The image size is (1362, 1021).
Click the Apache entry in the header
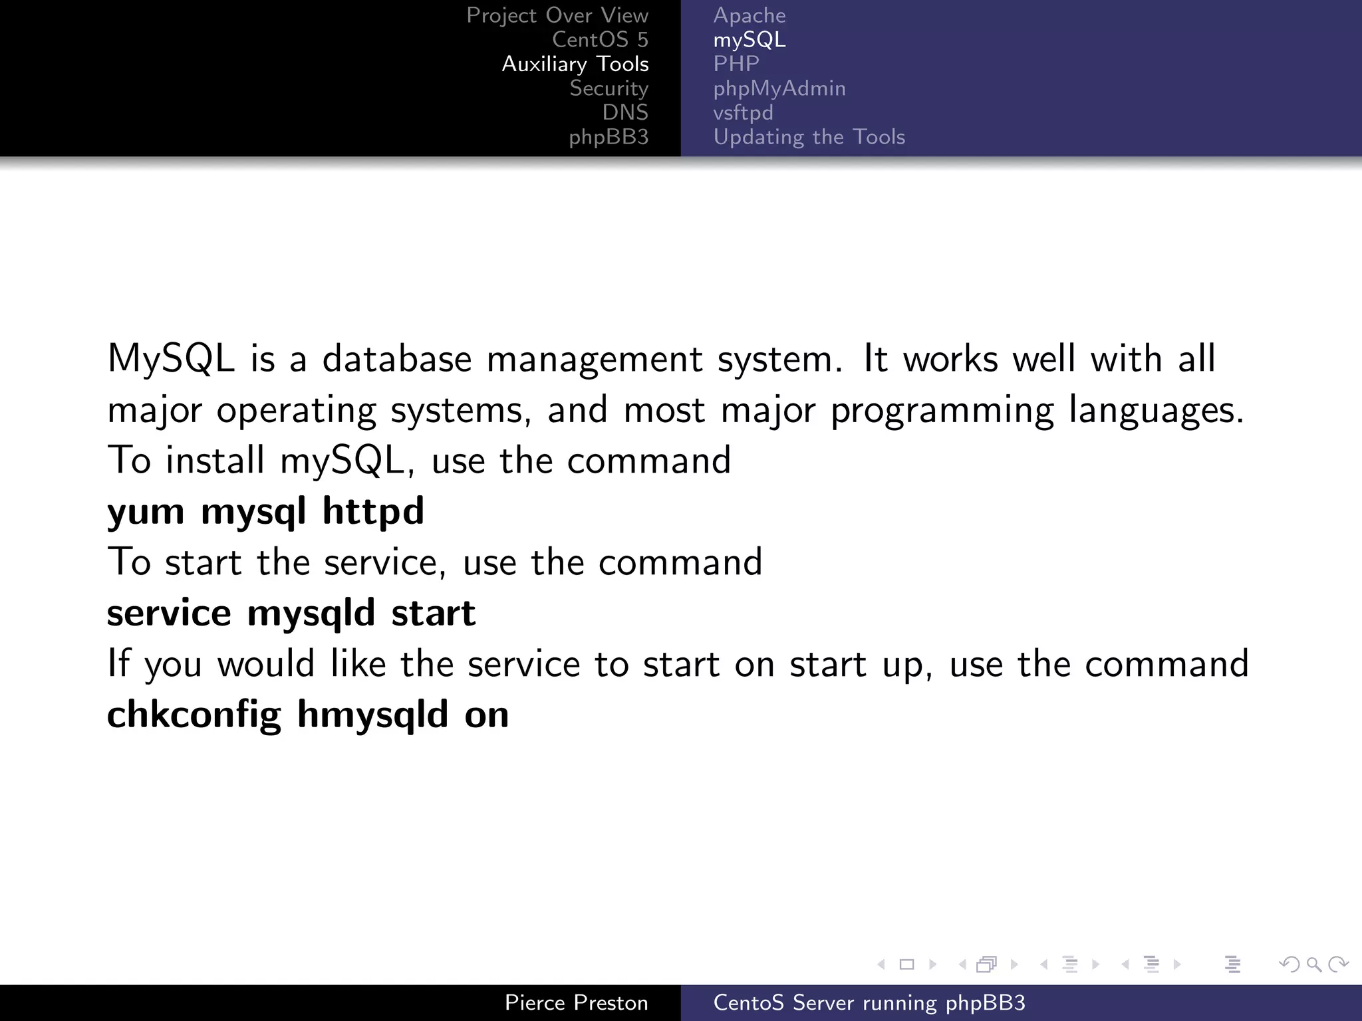click(749, 15)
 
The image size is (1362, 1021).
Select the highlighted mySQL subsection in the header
click(749, 40)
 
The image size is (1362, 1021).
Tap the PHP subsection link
click(736, 64)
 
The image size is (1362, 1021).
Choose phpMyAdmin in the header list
click(779, 88)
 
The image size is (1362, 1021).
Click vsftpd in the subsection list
click(743, 113)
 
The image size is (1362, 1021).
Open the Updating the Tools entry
click(809, 137)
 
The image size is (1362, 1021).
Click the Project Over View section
click(557, 15)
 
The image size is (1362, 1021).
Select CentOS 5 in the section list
click(600, 40)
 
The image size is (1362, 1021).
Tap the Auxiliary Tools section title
click(575, 64)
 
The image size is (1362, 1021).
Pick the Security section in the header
click(609, 88)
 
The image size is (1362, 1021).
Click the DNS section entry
click(625, 112)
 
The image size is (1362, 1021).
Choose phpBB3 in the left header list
click(609, 137)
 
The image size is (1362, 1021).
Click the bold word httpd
click(372, 510)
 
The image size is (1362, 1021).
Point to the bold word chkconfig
click(194, 715)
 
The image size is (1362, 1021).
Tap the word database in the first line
click(397, 359)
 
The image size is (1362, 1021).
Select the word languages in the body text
click(1156, 410)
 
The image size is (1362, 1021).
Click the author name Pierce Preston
click(576, 1002)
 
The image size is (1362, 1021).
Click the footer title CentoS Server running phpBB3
click(869, 1002)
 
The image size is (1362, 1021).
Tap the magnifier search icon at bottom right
click(1313, 964)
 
